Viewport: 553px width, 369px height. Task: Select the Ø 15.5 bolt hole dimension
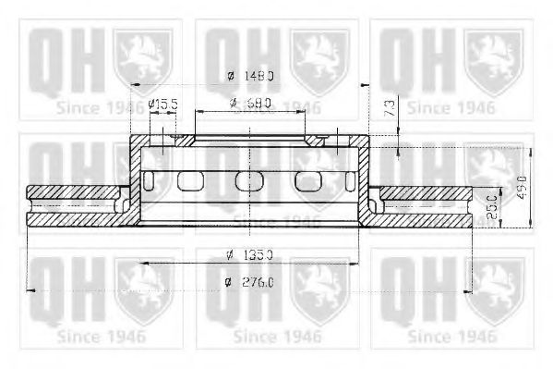[162, 104]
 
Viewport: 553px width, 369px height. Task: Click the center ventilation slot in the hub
[245, 180]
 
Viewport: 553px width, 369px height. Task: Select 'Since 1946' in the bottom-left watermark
[100, 335]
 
